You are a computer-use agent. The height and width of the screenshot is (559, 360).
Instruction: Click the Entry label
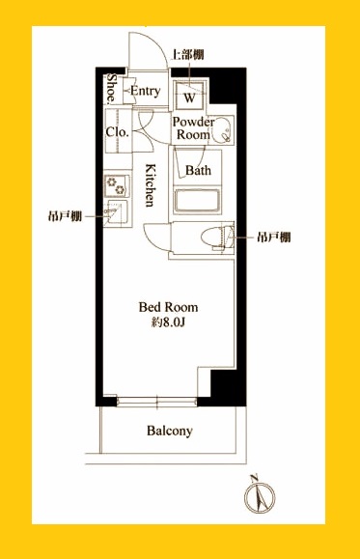point(145,91)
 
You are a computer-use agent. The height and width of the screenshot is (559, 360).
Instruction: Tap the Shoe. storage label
point(113,91)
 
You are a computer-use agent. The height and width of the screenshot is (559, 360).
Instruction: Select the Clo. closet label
point(117,132)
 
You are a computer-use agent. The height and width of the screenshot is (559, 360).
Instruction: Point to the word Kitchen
point(152,185)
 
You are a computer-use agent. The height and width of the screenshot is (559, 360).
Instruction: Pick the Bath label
point(198,171)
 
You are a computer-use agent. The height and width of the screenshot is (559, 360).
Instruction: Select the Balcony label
point(170,431)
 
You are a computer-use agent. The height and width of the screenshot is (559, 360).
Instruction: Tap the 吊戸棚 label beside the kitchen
point(63,214)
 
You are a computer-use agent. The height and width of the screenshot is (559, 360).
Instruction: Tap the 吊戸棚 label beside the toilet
point(271,237)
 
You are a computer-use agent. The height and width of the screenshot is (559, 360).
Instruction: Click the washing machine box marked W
point(190,98)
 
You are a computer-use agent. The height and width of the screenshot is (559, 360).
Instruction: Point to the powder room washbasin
point(222,128)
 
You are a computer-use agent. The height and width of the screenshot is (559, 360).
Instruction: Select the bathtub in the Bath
point(199,203)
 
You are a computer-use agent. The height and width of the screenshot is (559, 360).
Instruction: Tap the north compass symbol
point(257,497)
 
